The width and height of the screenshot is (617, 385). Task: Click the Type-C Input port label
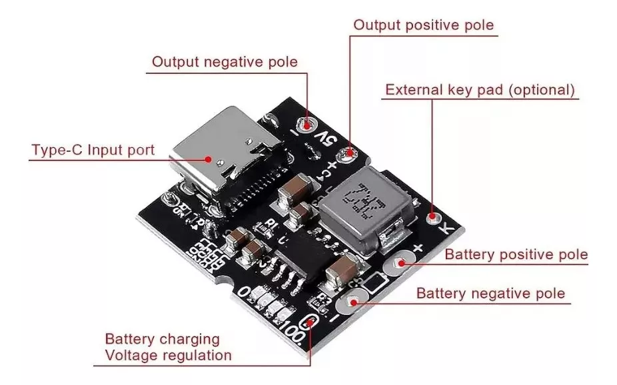click(x=93, y=149)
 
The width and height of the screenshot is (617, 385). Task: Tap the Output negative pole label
click(x=225, y=62)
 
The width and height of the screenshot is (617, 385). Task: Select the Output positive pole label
click(x=424, y=25)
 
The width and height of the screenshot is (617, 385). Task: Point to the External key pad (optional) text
click(x=480, y=90)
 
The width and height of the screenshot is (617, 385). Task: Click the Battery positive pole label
click(x=516, y=254)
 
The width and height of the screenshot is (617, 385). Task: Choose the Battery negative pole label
click(x=490, y=293)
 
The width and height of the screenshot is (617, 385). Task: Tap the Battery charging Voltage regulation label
click(x=168, y=347)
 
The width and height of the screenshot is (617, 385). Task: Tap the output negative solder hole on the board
click(x=307, y=123)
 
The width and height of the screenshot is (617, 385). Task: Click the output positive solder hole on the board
click(x=348, y=156)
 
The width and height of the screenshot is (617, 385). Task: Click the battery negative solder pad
click(x=350, y=304)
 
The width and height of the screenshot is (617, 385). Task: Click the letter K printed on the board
click(x=448, y=228)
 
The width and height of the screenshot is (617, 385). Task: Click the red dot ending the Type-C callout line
click(x=209, y=159)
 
